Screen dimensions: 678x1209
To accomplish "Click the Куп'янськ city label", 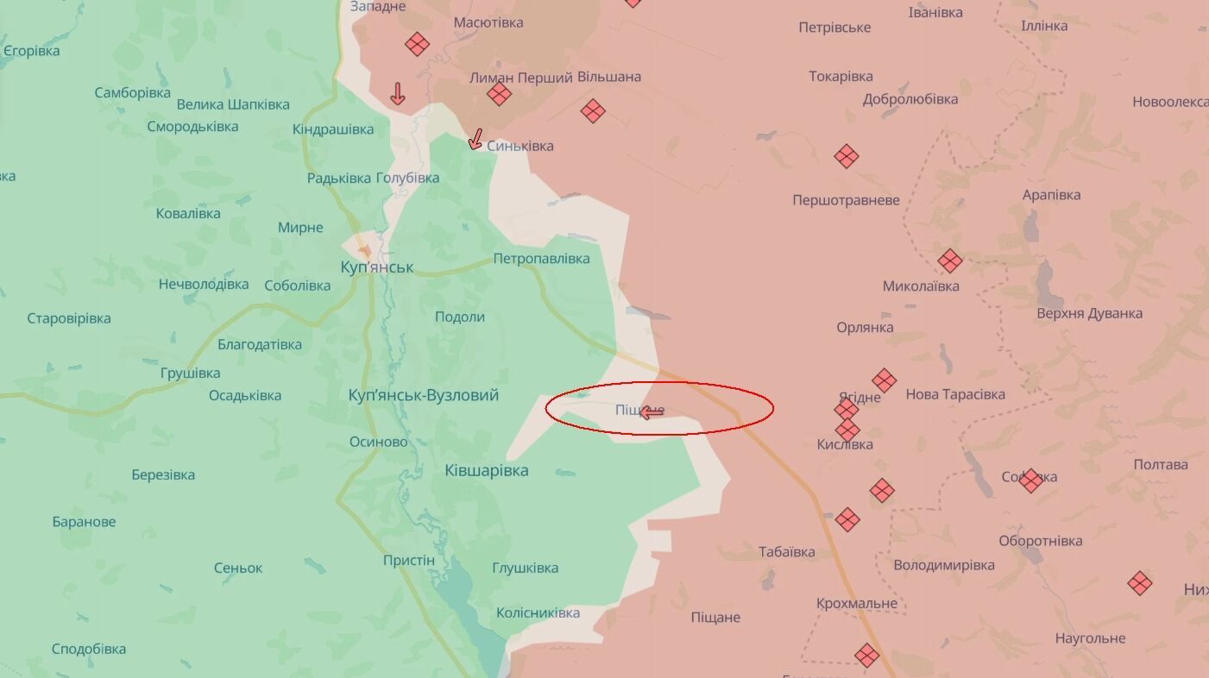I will tap(376, 267).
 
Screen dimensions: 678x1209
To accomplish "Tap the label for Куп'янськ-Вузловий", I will tap(423, 395).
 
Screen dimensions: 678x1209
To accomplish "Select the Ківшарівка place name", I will tap(486, 470).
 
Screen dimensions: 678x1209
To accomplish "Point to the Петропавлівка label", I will tap(541, 259).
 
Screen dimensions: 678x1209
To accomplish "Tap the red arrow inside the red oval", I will tap(652, 412).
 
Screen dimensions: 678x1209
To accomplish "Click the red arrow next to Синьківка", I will tap(475, 138).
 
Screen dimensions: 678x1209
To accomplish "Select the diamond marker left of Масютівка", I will tap(417, 44).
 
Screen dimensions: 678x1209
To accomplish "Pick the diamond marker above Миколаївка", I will tap(949, 261).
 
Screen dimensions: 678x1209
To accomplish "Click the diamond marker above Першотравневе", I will tap(846, 156).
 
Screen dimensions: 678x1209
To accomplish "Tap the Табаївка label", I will tap(786, 552).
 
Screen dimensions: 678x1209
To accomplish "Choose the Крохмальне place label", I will tap(856, 603).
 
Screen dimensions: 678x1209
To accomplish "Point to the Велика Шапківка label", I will tap(232, 104).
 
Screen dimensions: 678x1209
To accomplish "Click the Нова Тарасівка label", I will tap(954, 394).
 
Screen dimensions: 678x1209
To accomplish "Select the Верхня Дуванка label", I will tap(1089, 313).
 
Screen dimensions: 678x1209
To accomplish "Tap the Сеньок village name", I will tap(237, 568).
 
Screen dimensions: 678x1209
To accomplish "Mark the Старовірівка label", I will tap(69, 318).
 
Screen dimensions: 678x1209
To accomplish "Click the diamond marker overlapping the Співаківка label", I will tap(1030, 480).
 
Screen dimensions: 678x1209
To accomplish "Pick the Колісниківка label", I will tap(538, 612).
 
